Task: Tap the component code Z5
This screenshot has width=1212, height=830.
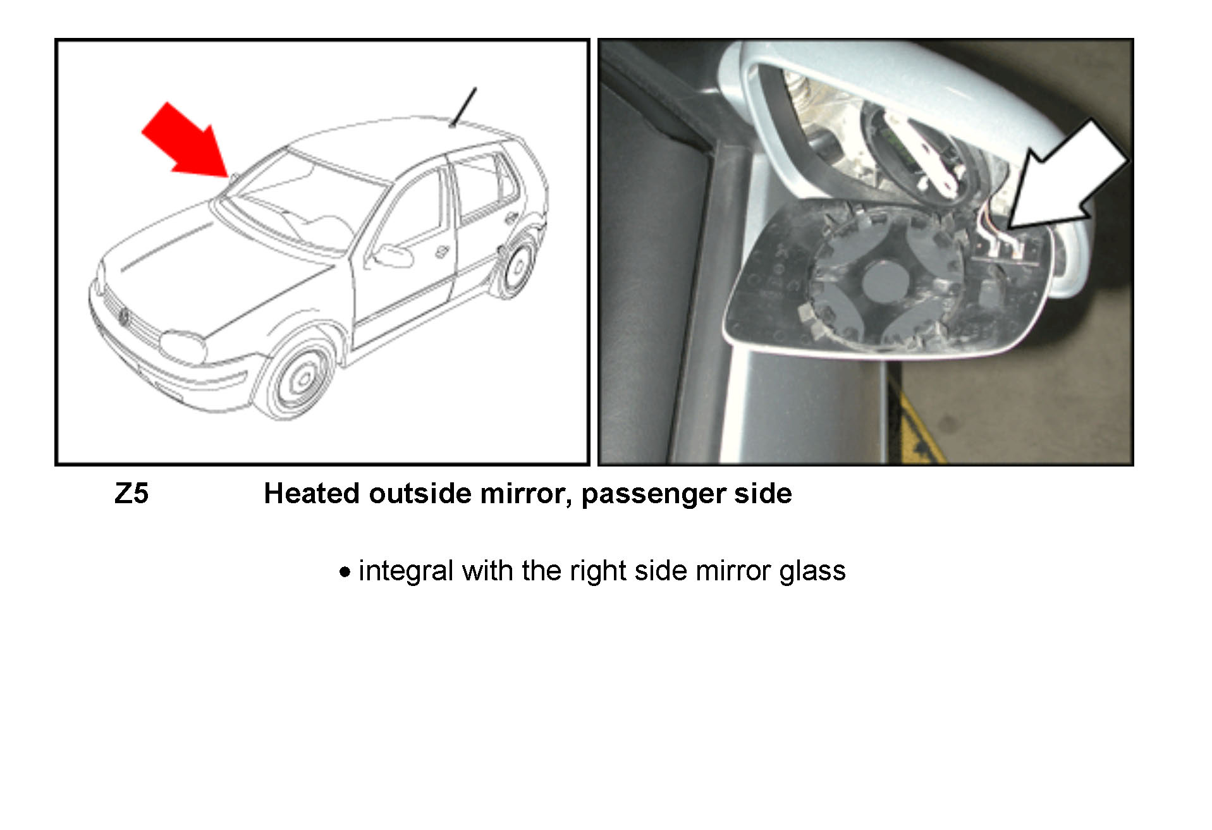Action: click(132, 494)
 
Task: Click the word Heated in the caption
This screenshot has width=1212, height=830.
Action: click(312, 494)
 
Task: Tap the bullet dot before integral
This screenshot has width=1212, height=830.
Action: click(345, 573)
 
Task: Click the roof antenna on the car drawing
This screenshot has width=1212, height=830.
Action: click(463, 107)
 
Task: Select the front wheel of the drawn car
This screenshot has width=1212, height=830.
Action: click(297, 377)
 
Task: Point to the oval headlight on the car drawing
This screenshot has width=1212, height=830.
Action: click(183, 347)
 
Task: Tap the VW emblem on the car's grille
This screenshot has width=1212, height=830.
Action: click(124, 316)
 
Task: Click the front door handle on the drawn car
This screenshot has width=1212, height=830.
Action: click(441, 252)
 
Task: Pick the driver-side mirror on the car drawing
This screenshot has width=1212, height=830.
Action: click(393, 256)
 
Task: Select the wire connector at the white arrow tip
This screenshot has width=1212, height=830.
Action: click(1005, 248)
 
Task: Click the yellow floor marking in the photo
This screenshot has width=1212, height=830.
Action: click(915, 420)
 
